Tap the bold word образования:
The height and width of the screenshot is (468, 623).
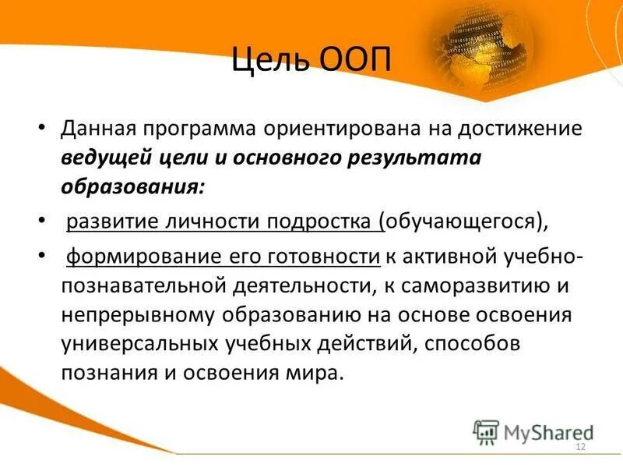133,187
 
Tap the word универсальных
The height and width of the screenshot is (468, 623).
142,343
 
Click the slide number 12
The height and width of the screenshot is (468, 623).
579,446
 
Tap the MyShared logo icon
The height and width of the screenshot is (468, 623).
486,432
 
